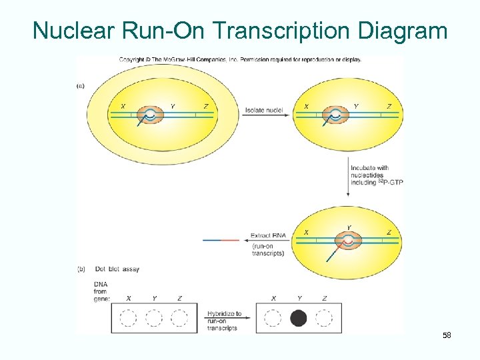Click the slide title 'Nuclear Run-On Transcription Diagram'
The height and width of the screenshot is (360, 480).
coord(240,30)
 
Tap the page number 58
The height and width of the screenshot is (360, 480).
coord(447,335)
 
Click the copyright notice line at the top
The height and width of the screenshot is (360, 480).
coord(240,59)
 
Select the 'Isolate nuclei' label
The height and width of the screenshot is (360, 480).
coord(264,110)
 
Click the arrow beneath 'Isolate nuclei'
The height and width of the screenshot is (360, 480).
coord(267,116)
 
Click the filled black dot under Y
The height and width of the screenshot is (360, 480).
coord(299,318)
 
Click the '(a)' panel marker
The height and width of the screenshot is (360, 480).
coord(81,85)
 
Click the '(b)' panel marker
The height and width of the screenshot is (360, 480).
coord(81,269)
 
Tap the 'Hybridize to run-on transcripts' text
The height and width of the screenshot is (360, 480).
coord(224,321)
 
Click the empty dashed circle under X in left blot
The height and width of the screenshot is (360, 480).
coord(128,318)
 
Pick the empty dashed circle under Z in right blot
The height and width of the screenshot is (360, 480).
coord(324,318)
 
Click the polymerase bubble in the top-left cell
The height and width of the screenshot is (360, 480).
coord(151,115)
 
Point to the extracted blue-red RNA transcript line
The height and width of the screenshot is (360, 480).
coord(220,239)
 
